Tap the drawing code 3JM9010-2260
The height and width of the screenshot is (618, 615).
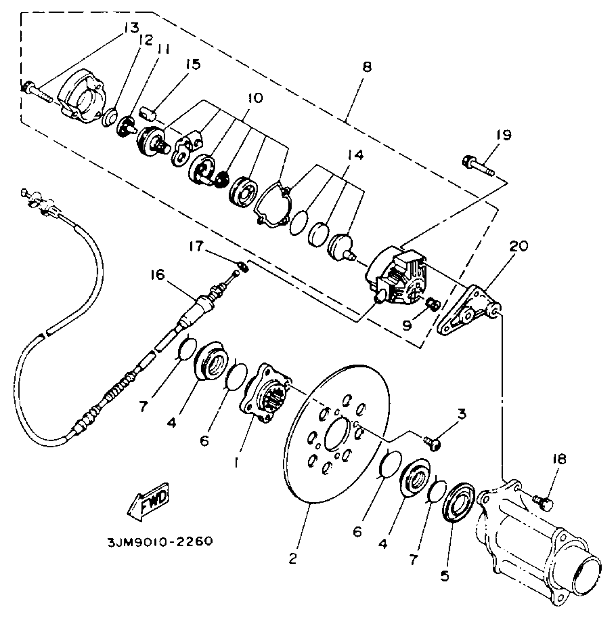click(160, 542)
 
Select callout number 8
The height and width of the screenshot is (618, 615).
click(366, 67)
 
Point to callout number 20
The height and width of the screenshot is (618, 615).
click(518, 246)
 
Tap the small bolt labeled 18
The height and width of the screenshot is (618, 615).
click(543, 503)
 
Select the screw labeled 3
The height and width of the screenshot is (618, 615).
click(432, 443)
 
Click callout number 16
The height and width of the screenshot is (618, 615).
click(157, 275)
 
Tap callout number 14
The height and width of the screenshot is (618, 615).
click(355, 156)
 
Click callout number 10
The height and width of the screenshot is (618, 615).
click(255, 98)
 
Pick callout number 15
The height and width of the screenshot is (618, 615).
click(193, 65)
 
